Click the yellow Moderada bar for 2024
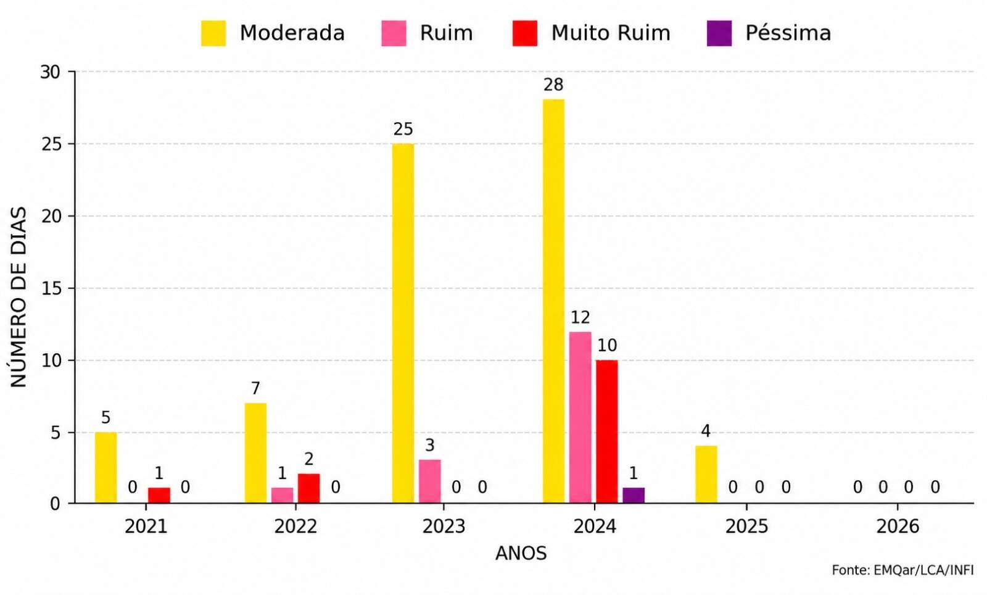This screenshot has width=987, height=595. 553,301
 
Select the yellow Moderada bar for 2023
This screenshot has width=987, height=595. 403,323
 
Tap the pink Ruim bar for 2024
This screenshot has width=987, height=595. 580,417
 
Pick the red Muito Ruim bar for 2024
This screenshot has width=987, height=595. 607,431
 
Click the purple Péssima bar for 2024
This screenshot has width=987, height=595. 634,496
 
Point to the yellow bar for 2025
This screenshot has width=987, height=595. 706,474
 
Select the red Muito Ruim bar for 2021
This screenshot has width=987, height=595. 159,496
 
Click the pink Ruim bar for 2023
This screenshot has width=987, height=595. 429,481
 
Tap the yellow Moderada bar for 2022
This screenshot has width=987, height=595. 255,452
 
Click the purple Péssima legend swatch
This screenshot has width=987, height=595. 719,33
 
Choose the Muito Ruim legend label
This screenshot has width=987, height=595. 611,33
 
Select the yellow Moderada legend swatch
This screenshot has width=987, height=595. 213,33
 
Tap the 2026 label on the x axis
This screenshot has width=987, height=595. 898,526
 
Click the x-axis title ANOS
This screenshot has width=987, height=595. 521,554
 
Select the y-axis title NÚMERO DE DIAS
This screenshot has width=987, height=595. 19,297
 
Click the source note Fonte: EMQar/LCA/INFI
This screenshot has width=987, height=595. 902,570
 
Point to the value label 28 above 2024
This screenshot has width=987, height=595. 553,85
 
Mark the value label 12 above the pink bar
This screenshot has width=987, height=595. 580,317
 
